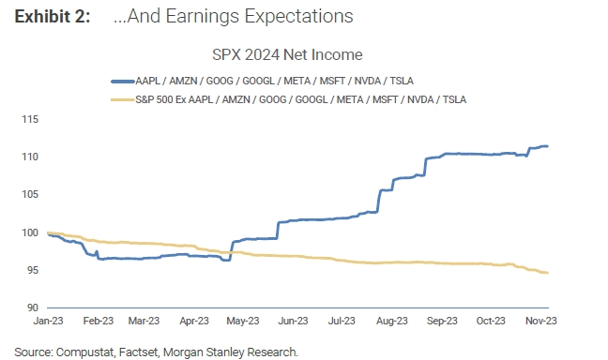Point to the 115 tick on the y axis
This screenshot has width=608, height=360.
click(30, 119)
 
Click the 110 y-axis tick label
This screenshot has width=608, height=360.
click(30, 157)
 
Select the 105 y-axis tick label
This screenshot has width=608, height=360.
click(30, 194)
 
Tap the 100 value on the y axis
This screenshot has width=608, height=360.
click(30, 232)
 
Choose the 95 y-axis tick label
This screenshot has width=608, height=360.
click(32, 270)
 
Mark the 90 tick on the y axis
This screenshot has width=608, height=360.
click(32, 307)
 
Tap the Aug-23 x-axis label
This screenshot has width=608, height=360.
click(392, 321)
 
